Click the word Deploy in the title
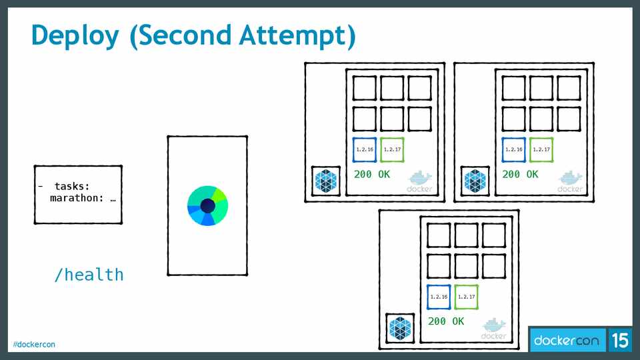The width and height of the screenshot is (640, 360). click(x=75, y=36)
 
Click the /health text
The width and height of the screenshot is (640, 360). click(x=89, y=274)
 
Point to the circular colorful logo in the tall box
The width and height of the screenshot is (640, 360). click(x=207, y=205)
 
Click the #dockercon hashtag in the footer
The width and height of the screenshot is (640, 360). click(x=34, y=344)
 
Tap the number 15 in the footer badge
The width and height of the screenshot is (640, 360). click(x=619, y=341)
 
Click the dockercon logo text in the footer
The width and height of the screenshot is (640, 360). click(x=567, y=341)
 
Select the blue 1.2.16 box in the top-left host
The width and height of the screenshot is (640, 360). click(x=365, y=149)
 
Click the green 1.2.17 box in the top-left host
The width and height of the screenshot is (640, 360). click(x=392, y=149)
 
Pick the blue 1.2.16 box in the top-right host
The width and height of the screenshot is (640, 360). click(x=514, y=149)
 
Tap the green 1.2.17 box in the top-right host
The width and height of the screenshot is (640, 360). click(x=541, y=149)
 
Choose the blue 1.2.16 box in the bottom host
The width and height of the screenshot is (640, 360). click(x=439, y=297)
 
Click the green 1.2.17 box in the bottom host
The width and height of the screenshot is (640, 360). click(x=466, y=297)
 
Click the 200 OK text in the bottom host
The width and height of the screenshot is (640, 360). click(x=446, y=321)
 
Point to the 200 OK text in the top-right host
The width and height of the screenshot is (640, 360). click(x=520, y=174)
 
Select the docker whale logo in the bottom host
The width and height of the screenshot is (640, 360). click(x=494, y=327)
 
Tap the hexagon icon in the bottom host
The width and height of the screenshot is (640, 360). click(x=401, y=328)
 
